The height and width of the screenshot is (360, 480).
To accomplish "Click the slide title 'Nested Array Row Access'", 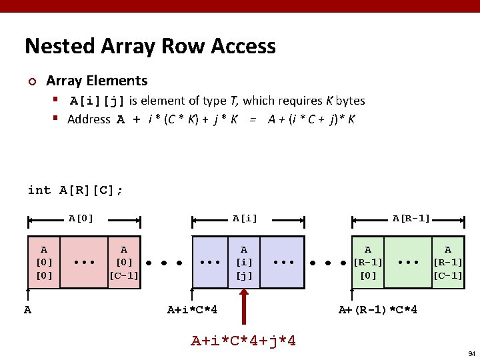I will (150, 46).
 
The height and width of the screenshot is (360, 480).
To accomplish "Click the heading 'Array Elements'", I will (97, 81).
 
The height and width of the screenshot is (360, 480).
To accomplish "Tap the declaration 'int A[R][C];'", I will (75, 191).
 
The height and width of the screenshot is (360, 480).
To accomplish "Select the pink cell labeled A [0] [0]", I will (43, 262).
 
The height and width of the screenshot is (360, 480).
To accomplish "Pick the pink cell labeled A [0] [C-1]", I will (124, 262).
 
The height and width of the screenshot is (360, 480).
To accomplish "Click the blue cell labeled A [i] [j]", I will (244, 262).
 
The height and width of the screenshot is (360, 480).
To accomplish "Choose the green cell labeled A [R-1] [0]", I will (367, 262).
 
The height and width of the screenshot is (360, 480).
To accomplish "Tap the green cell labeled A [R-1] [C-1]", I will (447, 262).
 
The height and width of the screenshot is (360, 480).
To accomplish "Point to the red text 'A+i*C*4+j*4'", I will (244, 341).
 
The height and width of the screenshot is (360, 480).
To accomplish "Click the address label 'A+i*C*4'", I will (192, 309).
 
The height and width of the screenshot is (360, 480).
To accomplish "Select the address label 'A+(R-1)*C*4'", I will (378, 309).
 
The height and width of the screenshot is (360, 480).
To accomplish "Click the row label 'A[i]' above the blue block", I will (245, 218).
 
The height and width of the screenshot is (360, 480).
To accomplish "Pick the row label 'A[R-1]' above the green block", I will (411, 218).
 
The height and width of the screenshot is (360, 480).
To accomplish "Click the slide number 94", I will (471, 353).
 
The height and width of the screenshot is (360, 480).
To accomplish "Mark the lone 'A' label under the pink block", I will (27, 309).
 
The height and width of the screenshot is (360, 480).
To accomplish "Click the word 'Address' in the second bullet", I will (89, 120).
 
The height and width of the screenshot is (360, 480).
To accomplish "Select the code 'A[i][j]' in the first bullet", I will (98, 101).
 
